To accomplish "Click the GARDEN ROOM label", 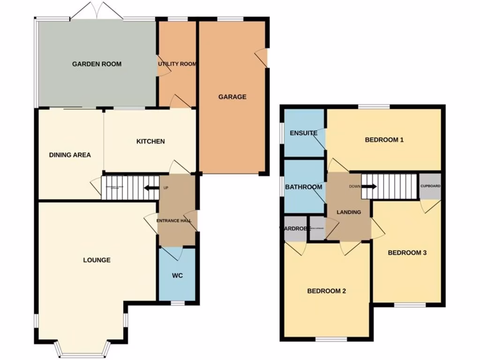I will [x=97, y=64].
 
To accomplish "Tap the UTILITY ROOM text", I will [x=177, y=64].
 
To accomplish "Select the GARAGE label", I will [x=232, y=97].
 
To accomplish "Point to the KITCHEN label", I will [x=150, y=141].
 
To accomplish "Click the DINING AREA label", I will [x=70, y=155].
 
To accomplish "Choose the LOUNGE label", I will [x=97, y=260].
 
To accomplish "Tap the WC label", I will [x=177, y=275].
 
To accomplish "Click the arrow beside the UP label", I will [x=151, y=188].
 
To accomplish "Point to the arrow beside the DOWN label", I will [x=369, y=187].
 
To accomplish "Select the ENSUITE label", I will [x=303, y=133].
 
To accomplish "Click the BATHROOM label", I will [x=303, y=187].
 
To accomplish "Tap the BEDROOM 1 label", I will [x=384, y=140].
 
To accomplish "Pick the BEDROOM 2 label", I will [x=326, y=291].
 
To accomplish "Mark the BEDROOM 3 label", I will [x=407, y=253].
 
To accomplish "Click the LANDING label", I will [x=349, y=212].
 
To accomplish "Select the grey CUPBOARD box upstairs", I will [x=430, y=186].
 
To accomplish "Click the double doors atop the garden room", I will [x=97, y=12].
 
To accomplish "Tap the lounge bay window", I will [x=82, y=350].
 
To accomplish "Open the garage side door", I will [x=262, y=58].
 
